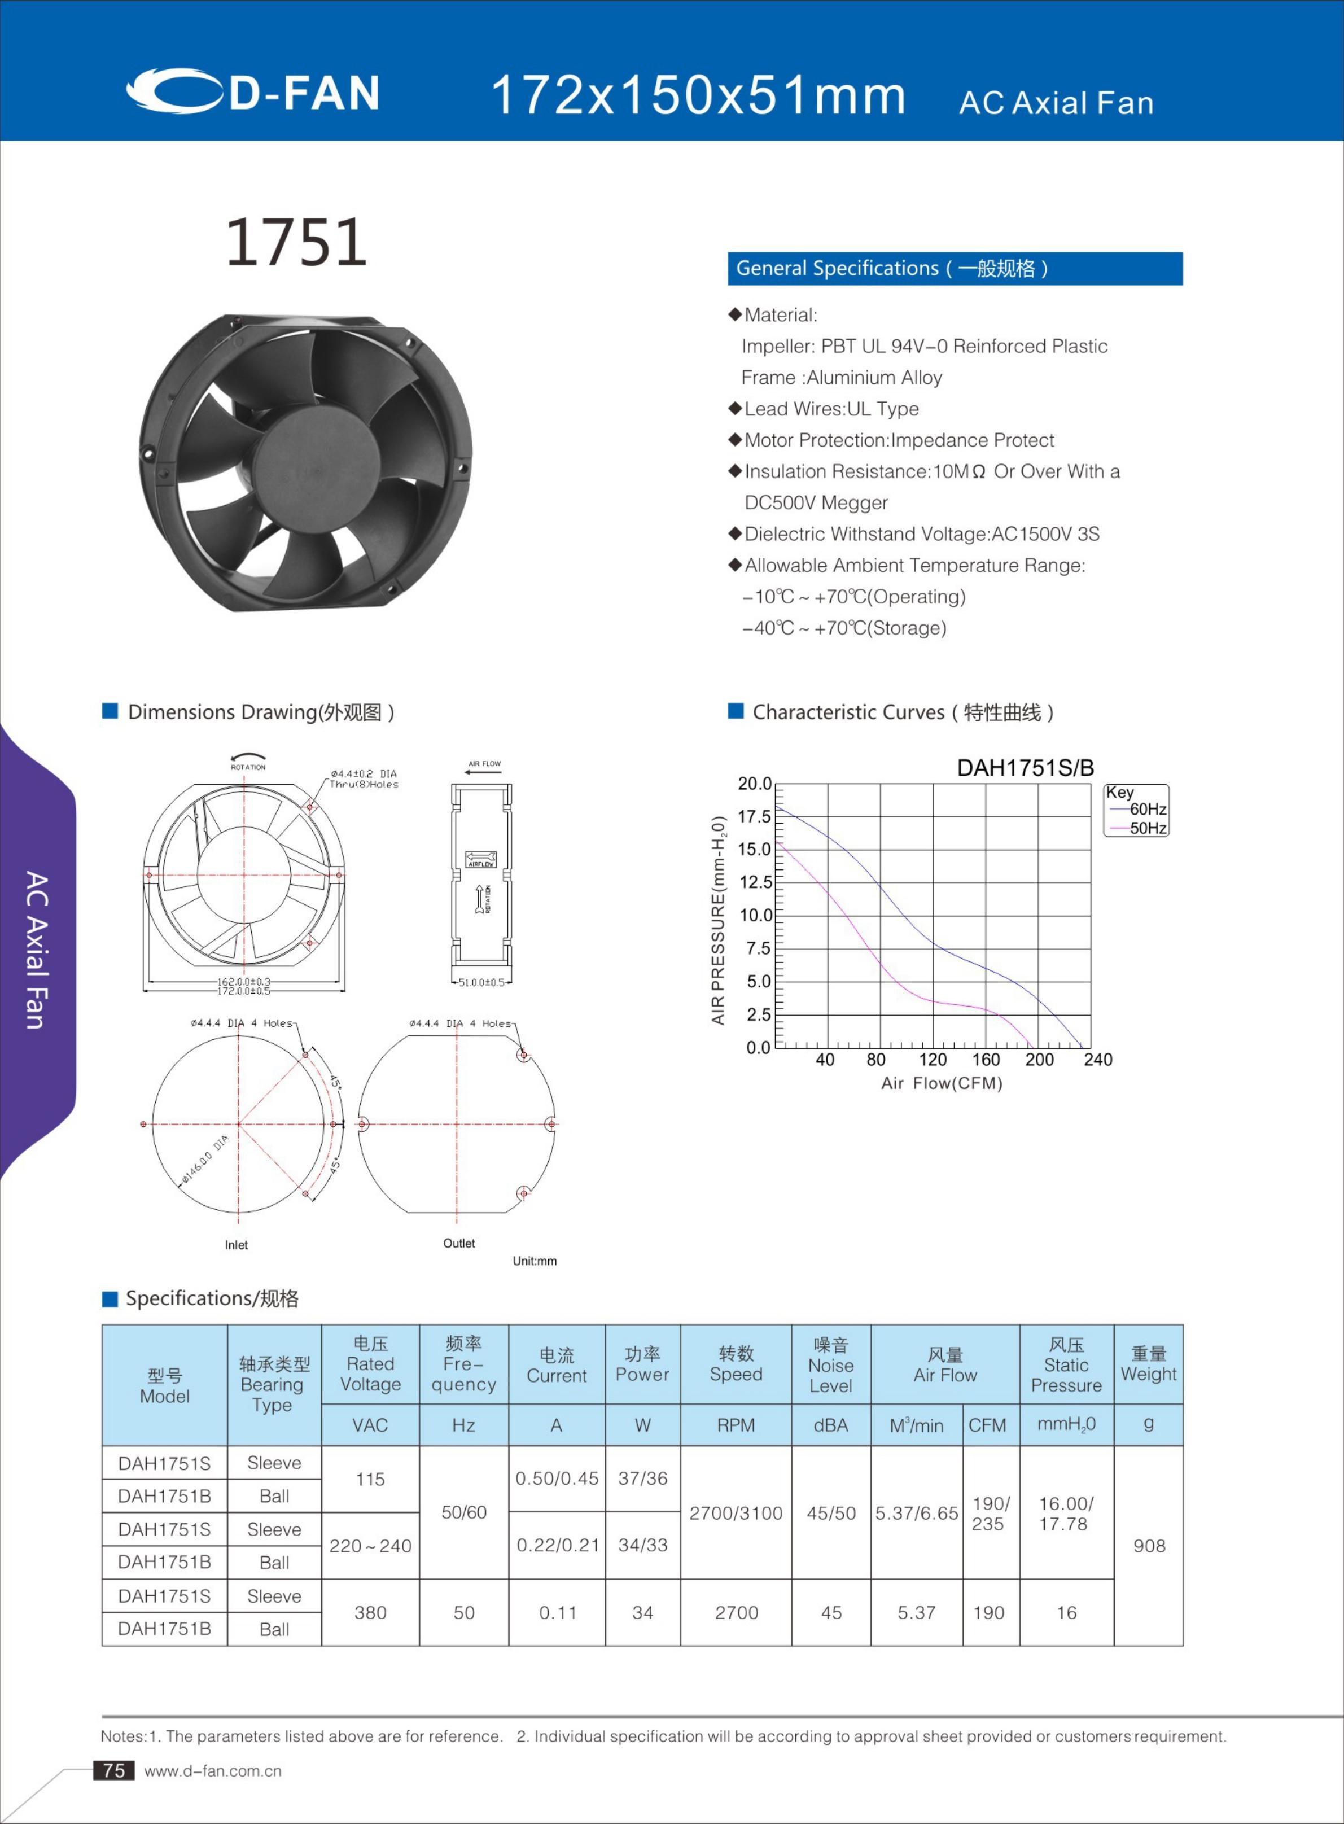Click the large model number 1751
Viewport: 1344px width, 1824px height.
coord(296,242)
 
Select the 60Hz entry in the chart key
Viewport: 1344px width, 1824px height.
coord(1147,808)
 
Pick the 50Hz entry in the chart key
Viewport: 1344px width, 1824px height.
coord(1147,828)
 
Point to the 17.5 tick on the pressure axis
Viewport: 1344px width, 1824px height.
coord(754,816)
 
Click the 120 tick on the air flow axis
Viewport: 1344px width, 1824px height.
coord(933,1059)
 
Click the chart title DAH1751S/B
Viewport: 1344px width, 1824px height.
coord(1025,768)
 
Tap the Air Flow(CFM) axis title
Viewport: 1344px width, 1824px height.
coord(942,1083)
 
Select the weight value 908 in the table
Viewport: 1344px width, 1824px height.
coord(1149,1546)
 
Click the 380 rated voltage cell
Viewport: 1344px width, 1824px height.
coord(370,1612)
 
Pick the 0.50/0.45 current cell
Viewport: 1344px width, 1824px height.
coord(557,1479)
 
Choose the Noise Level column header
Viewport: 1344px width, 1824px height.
coord(831,1365)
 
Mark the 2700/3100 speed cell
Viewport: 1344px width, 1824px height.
coord(736,1513)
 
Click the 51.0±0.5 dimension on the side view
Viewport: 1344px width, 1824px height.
coord(481,982)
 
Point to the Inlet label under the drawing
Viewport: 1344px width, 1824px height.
coord(237,1245)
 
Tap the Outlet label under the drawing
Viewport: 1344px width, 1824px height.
coord(459,1243)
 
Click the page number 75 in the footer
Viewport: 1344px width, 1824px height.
coord(114,1770)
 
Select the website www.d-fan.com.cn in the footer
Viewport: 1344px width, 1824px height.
coord(213,1771)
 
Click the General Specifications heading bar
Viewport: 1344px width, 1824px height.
coord(955,269)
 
